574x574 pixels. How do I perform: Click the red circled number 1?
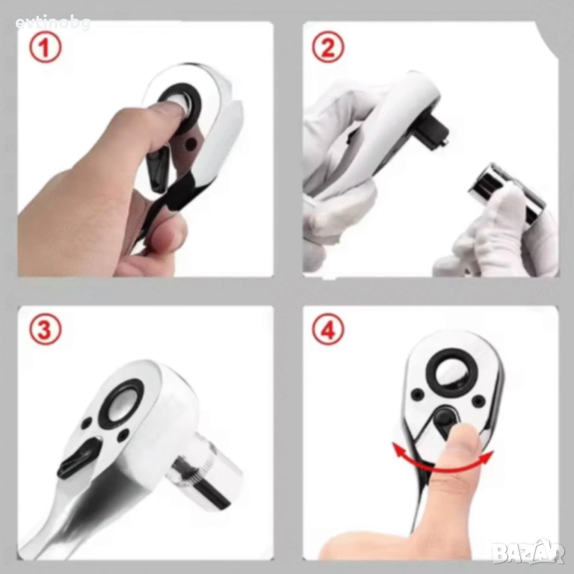(x=46, y=48)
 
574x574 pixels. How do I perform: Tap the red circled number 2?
(x=328, y=47)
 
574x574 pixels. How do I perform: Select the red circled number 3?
(x=46, y=329)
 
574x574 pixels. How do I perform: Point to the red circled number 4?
(x=328, y=330)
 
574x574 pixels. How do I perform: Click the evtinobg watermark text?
(x=53, y=23)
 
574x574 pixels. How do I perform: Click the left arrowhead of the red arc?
(x=398, y=450)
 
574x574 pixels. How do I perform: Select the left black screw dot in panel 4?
(x=416, y=395)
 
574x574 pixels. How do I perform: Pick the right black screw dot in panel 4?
(x=478, y=401)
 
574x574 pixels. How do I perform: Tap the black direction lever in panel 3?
(x=78, y=459)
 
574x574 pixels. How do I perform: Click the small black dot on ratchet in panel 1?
(x=190, y=144)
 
